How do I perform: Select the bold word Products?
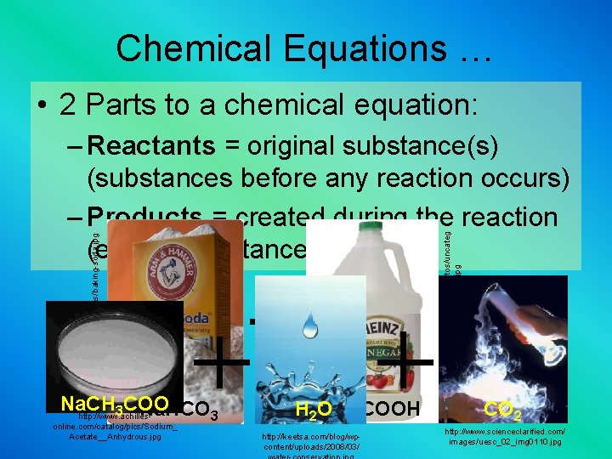pyautogui.click(x=143, y=216)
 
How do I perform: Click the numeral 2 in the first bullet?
pyautogui.click(x=70, y=105)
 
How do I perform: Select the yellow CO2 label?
pyautogui.click(x=502, y=411)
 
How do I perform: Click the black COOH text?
pyautogui.click(x=394, y=410)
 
